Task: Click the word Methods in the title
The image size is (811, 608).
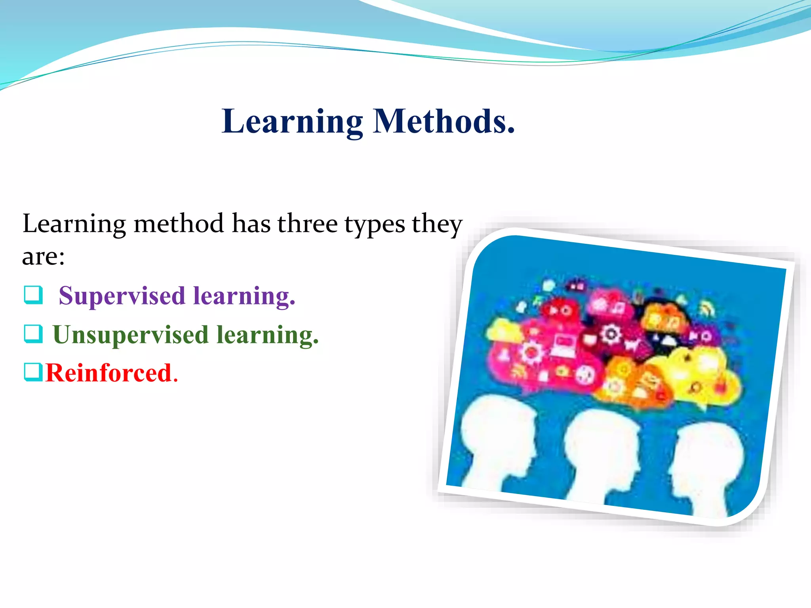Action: coord(444,121)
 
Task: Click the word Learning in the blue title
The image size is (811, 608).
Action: coord(292,121)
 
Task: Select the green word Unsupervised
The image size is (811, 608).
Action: coord(131,335)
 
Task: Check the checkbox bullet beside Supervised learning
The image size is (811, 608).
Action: coord(33,295)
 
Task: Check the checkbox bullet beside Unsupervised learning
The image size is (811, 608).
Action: coord(33,334)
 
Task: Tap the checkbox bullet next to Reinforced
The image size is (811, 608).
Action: coord(33,372)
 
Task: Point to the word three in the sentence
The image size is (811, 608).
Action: coord(307,224)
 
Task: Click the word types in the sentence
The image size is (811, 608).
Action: coord(375,224)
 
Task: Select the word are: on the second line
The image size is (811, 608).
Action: coord(43,256)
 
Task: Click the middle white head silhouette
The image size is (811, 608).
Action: coord(602,451)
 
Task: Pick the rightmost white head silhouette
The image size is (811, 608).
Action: coord(709,463)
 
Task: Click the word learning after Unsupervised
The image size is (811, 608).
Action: coord(267,335)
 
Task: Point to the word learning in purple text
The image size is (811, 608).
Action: coord(244,296)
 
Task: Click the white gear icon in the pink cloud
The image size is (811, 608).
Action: coord(531,351)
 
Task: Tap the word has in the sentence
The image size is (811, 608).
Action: coord(250,224)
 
